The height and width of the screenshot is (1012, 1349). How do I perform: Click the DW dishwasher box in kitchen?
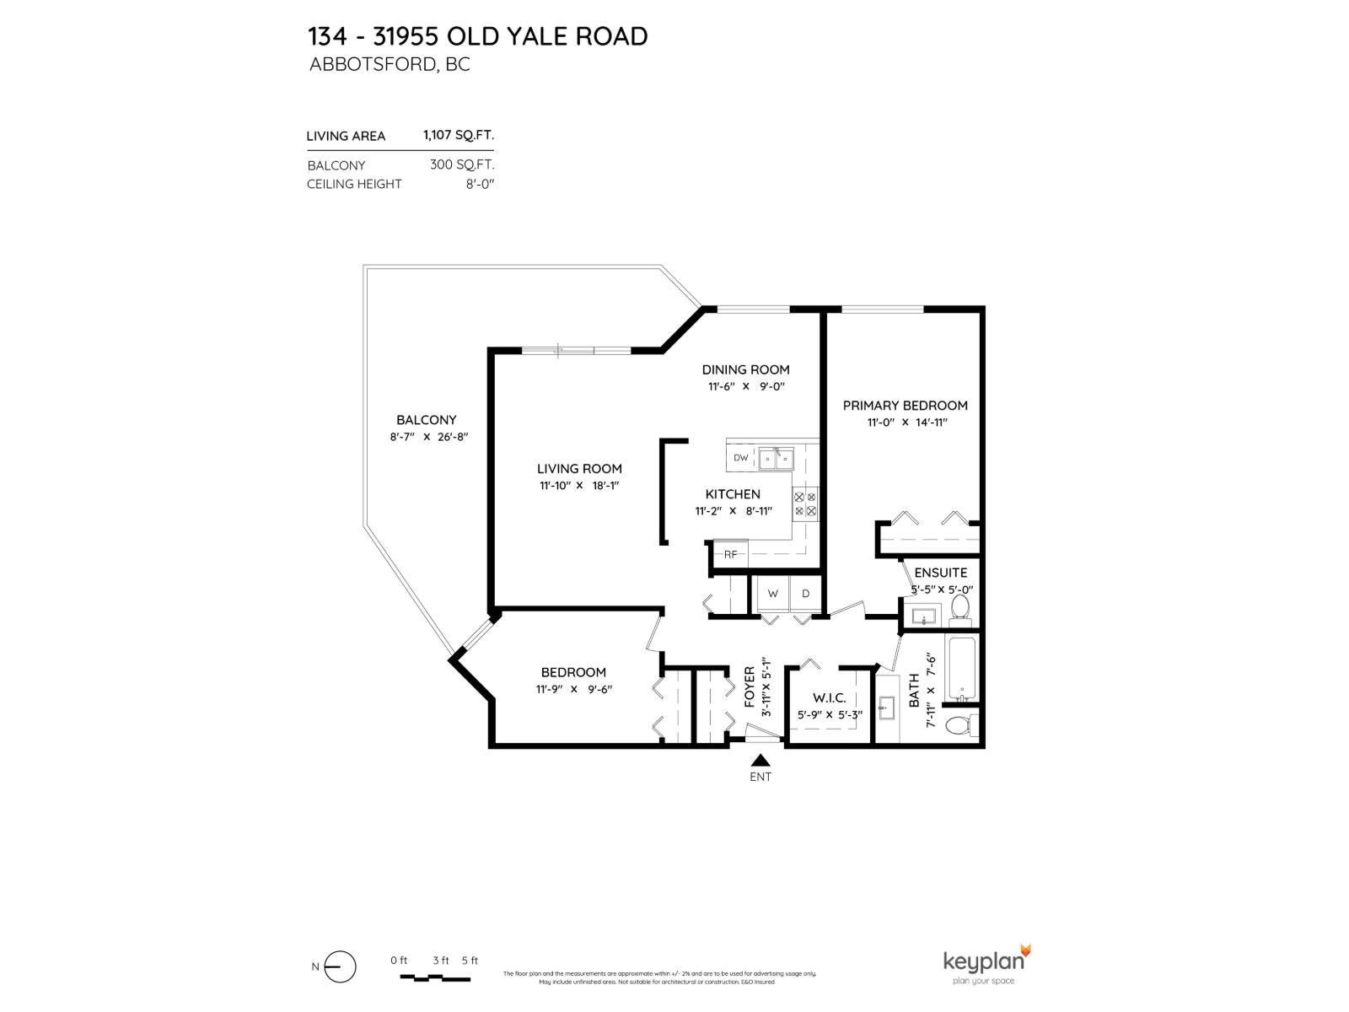pyautogui.click(x=741, y=458)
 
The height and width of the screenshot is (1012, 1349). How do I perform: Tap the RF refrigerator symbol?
pyautogui.click(x=730, y=554)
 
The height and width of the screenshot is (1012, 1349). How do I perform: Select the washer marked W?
pyautogui.click(x=772, y=594)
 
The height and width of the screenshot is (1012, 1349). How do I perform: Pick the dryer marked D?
pyautogui.click(x=805, y=594)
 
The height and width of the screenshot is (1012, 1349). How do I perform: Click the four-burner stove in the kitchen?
pyautogui.click(x=805, y=504)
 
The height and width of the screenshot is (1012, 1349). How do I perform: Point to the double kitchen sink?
pyautogui.click(x=777, y=459)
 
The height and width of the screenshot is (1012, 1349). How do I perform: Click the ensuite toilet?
pyautogui.click(x=960, y=607)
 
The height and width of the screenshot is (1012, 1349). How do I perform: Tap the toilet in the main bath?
pyautogui.click(x=959, y=725)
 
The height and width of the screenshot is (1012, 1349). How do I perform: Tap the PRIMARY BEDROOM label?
pyautogui.click(x=905, y=406)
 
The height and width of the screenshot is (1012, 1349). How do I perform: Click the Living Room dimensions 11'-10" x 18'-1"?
pyautogui.click(x=580, y=486)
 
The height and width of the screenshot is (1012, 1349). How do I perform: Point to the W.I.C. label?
pyautogui.click(x=829, y=698)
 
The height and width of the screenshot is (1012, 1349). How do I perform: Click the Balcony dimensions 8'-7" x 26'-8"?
pyautogui.click(x=428, y=437)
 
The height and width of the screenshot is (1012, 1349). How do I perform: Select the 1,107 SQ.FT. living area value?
pyautogui.click(x=458, y=135)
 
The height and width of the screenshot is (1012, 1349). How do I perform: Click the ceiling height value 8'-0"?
pyautogui.click(x=480, y=184)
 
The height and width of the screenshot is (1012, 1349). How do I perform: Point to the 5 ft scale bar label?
pyautogui.click(x=470, y=961)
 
